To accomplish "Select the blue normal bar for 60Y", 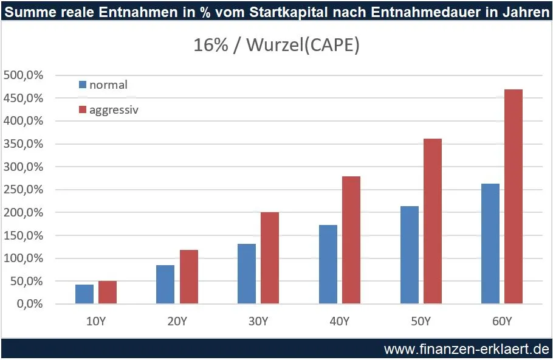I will tap(490, 243).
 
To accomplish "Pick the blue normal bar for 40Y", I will tap(328, 264).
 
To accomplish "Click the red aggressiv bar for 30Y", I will tap(270, 258).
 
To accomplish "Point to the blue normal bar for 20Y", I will tap(165, 284).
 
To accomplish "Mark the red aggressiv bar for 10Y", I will tap(108, 292).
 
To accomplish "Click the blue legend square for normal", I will tap(83, 85).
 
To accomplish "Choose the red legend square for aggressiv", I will tap(83, 110).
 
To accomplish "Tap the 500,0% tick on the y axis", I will tap(23, 75).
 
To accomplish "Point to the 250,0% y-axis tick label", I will tap(23, 190).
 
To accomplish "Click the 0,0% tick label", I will tap(27, 304).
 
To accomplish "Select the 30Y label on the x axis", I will tap(258, 320).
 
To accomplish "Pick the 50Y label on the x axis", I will tap(421, 320).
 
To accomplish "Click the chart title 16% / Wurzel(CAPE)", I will tap(276, 46).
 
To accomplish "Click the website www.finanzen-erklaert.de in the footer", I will tap(466, 349).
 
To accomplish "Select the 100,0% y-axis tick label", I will tap(23, 258).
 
